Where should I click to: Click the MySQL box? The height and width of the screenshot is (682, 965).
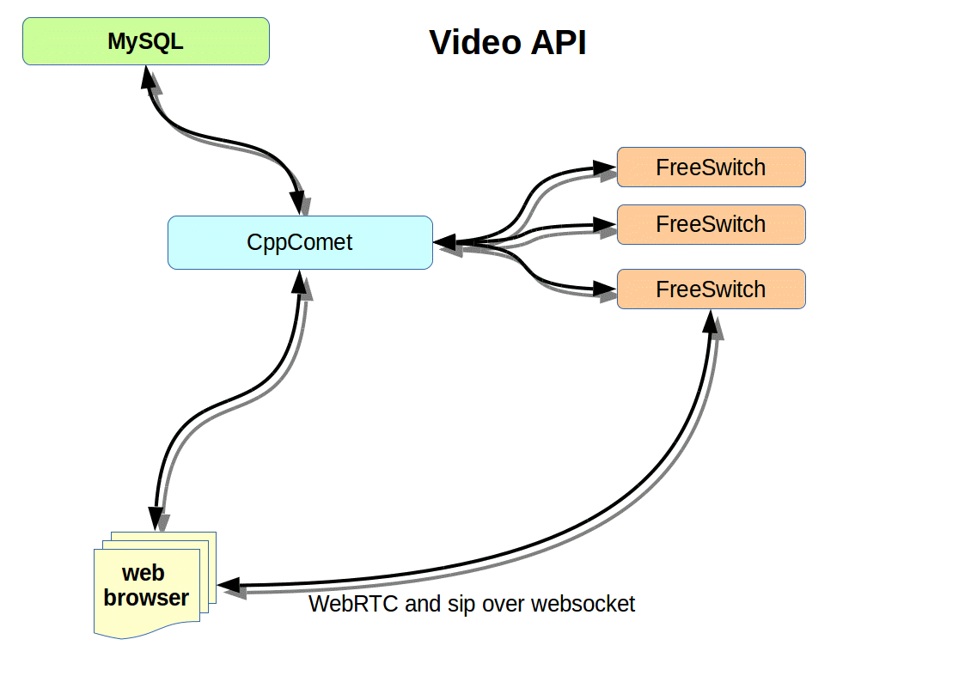coord(145,41)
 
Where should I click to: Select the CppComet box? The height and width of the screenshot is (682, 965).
coord(299,242)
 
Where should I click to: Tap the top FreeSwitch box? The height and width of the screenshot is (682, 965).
coord(711,167)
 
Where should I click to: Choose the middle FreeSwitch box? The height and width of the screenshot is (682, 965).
coord(711,224)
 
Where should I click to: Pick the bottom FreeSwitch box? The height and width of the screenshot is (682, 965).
coord(711,289)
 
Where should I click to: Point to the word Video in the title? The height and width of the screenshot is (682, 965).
coord(473,42)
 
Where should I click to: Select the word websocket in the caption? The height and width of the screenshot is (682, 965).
coord(583,604)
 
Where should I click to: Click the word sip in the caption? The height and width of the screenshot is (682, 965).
coord(464,604)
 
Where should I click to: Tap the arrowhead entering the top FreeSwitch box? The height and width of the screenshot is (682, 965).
coord(604,168)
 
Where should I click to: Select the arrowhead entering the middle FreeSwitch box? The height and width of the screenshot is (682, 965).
coord(604,226)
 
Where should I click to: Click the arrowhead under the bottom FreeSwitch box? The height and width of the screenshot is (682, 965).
coord(711,322)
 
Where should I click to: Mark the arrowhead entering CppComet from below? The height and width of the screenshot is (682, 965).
coord(300,283)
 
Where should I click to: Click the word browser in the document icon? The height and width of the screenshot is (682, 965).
coord(146,598)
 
